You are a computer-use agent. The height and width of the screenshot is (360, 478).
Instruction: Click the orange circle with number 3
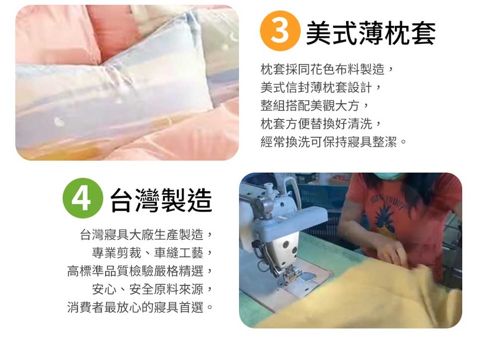[x=280, y=30]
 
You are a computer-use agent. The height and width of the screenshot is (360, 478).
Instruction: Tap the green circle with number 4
[x=83, y=198]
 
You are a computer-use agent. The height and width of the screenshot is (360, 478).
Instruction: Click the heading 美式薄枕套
[x=370, y=33]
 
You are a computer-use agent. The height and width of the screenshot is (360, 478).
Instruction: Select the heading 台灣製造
[x=161, y=200]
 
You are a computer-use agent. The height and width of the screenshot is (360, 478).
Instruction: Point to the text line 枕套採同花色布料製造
[x=323, y=70]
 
